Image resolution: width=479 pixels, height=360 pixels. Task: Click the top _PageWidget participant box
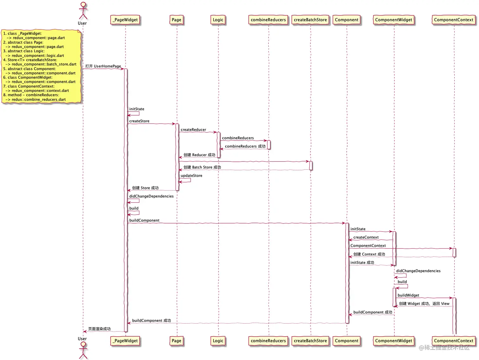[125, 20]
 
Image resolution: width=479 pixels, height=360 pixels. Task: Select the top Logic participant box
[218, 20]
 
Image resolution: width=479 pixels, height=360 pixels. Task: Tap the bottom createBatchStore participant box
[310, 341]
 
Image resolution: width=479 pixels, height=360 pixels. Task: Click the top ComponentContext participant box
[453, 20]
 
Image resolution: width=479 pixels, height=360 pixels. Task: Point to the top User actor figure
[83, 11]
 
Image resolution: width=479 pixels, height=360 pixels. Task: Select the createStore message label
[139, 121]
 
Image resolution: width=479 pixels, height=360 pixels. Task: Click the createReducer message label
[193, 130]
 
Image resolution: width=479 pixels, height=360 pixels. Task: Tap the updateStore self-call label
[191, 176]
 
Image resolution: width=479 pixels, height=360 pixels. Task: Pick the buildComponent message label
[144, 220]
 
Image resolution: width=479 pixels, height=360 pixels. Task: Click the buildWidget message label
[408, 295]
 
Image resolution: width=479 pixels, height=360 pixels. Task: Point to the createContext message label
[366, 237]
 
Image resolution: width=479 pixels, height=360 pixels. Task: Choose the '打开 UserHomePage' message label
[103, 66]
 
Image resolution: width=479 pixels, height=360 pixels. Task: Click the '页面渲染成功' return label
[99, 329]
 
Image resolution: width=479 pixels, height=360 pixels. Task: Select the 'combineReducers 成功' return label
[245, 146]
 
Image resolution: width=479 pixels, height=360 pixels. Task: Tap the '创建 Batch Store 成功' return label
[202, 167]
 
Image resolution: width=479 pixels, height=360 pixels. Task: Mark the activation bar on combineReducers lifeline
[269, 145]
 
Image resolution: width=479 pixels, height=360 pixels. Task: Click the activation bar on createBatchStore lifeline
[311, 166]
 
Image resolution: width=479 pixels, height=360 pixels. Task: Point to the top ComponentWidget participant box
[393, 20]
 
